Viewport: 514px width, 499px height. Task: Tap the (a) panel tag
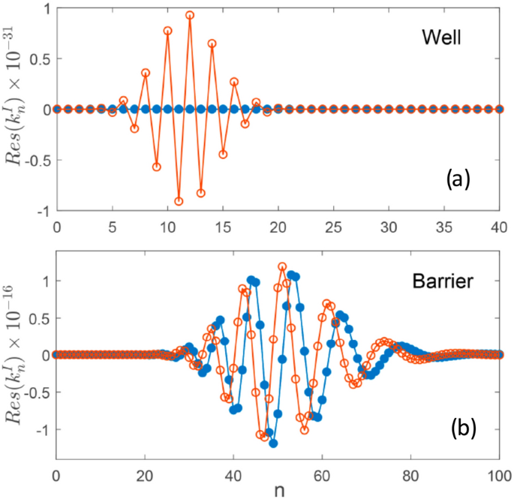457,179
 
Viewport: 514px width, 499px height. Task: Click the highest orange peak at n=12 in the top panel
190,15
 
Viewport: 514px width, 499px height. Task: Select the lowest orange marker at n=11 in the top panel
179,201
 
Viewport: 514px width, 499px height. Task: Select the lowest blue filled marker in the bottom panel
273,443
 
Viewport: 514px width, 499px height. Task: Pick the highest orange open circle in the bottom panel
282,266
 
